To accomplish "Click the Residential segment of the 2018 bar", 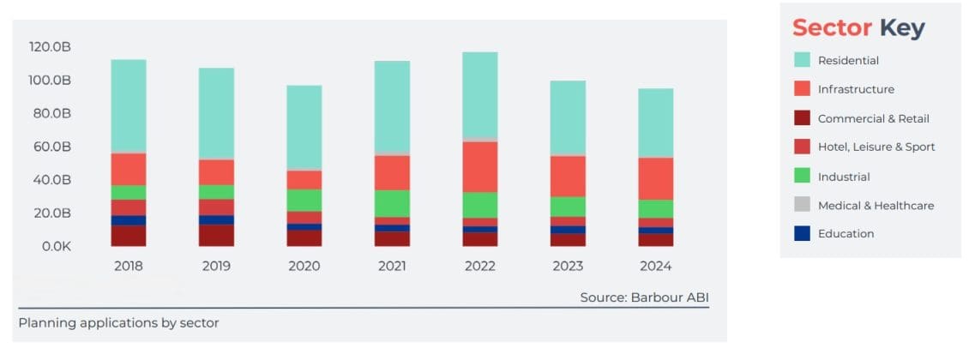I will coord(129,105).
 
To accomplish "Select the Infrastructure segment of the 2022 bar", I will coord(480,166).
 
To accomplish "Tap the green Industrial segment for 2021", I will coord(392,203).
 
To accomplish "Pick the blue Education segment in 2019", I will coord(216,219).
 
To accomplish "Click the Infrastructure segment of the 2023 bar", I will coord(568,176).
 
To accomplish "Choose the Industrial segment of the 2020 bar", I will coord(304,200).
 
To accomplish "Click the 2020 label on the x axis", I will coord(304,266).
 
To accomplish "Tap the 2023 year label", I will coord(568,266).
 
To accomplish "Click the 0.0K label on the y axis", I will coord(56,247).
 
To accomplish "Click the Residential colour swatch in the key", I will coord(802,60).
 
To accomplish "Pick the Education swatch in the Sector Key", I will coord(802,233).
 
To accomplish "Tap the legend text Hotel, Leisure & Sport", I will coord(876,147).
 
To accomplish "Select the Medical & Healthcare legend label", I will coord(876,205).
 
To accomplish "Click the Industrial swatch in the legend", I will coord(802,176).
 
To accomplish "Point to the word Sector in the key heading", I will coord(832,27).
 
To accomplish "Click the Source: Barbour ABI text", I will coord(644,297).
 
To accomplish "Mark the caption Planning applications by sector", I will coord(118,323).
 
